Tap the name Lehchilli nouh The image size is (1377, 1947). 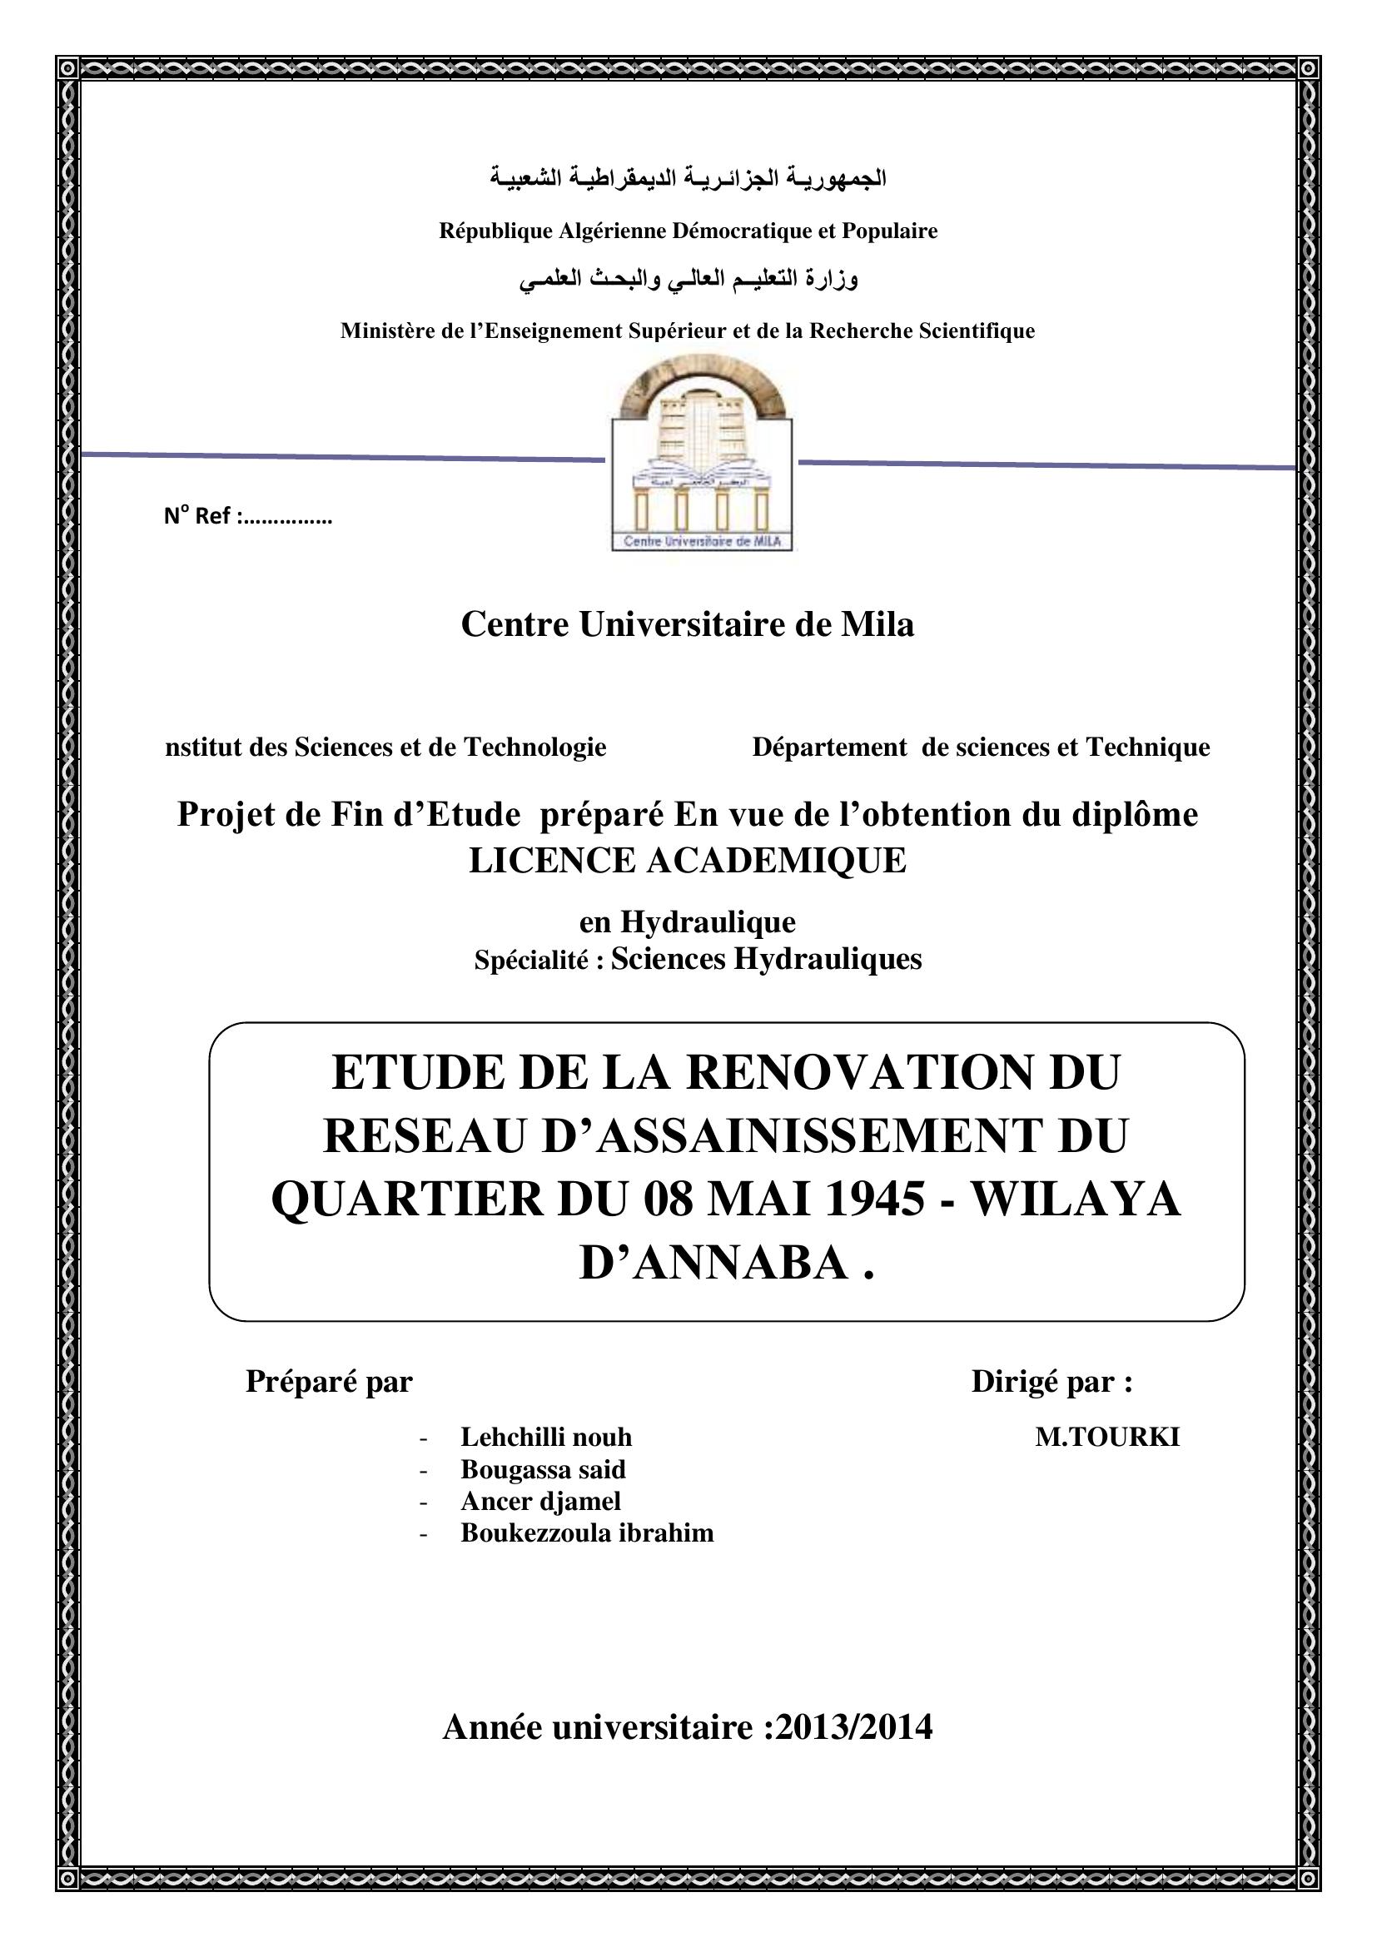[546, 1437]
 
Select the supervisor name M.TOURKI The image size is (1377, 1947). [1106, 1438]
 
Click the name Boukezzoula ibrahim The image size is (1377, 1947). [587, 1533]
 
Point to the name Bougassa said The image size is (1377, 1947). [543, 1468]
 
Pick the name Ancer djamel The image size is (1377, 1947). [540, 1501]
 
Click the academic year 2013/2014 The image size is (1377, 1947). [853, 1726]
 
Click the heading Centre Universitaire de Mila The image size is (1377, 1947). [688, 625]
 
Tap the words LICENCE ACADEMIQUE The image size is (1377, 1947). [688, 861]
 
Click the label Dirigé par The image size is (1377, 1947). [1051, 1382]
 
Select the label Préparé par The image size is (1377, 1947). [329, 1382]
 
